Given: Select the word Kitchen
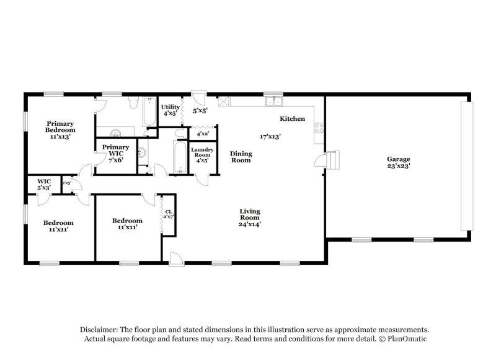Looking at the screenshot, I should tap(292, 118).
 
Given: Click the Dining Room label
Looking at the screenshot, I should tap(241, 157).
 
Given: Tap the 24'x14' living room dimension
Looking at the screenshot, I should tap(249, 224).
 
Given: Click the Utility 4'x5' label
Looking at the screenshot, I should tap(170, 110).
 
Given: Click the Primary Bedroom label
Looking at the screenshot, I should tap(60, 127).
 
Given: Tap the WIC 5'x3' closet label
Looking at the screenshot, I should tap(43, 184).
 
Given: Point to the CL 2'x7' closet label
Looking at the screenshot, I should tap(168, 214).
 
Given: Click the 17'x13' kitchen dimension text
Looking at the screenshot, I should tap(270, 136).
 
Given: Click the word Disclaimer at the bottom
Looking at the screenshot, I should tap(100, 330).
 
